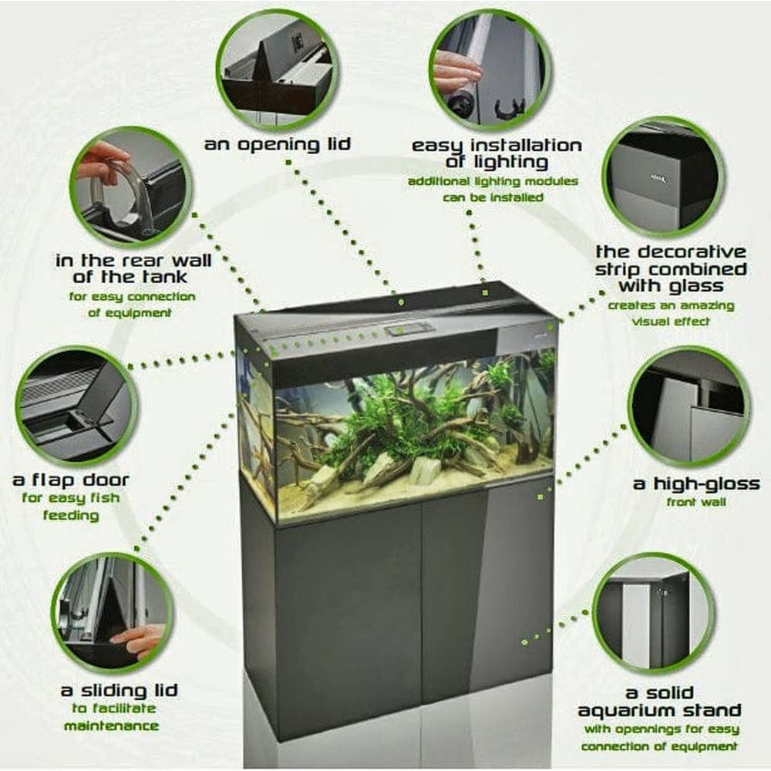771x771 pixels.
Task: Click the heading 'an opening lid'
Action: click(x=277, y=144)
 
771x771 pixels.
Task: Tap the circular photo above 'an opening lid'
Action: click(x=277, y=70)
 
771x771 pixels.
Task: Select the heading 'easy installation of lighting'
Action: click(x=497, y=153)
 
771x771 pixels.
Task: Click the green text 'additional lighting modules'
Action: click(x=493, y=182)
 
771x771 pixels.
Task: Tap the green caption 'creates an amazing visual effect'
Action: click(x=671, y=313)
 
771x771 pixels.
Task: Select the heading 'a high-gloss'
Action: click(x=695, y=484)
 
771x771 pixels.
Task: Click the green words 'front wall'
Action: click(x=695, y=502)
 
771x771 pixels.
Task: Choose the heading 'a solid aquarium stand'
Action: click(x=659, y=701)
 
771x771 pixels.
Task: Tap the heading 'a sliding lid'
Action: click(x=119, y=689)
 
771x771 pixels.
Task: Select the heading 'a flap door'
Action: click(x=71, y=480)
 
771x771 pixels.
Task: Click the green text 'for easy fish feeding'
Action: click(x=71, y=507)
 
